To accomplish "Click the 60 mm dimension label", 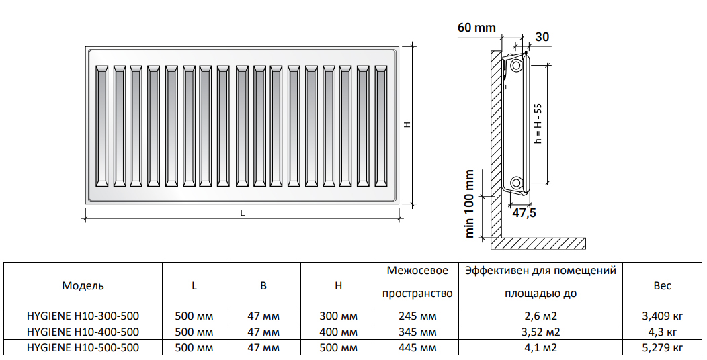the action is pyautogui.click(x=476, y=28).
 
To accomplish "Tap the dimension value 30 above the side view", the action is pyautogui.click(x=542, y=36).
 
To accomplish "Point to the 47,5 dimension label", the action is pyautogui.click(x=524, y=212).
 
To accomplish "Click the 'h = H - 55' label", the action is pyautogui.click(x=537, y=124).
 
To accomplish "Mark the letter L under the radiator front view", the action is pyautogui.click(x=242, y=213).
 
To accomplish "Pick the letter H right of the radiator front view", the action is pyautogui.click(x=407, y=124).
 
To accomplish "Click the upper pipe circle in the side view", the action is pyautogui.click(x=515, y=66).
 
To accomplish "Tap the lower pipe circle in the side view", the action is pyautogui.click(x=515, y=183).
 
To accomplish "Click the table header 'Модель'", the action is pyautogui.click(x=83, y=285).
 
